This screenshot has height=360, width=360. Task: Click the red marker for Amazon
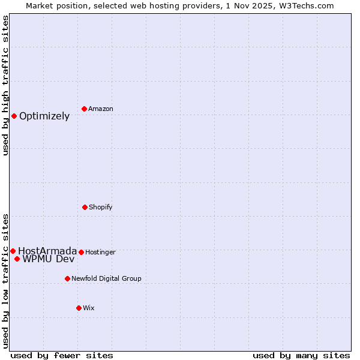[84, 109]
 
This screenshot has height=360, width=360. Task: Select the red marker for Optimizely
[14, 116]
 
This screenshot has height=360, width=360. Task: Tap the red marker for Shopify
[85, 207]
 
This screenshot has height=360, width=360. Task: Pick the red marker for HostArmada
[13, 251]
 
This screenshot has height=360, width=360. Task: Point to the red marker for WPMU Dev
[17, 259]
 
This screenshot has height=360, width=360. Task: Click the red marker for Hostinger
[81, 252]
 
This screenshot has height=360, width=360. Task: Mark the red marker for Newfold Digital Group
[67, 278]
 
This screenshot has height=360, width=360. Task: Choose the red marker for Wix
[79, 308]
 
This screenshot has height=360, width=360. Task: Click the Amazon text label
[101, 109]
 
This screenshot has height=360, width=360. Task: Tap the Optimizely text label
[44, 116]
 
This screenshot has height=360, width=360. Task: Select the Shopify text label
[101, 207]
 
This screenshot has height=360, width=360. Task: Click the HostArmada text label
[47, 251]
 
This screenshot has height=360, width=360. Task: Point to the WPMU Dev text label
[49, 259]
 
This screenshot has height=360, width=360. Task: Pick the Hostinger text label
[100, 252]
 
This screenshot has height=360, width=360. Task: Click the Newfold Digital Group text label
[106, 278]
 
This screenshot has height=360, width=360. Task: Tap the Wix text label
[89, 308]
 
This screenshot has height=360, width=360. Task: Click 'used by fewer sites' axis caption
[62, 355]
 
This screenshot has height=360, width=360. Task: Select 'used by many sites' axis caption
[301, 355]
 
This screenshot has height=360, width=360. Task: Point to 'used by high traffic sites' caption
[5, 85]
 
